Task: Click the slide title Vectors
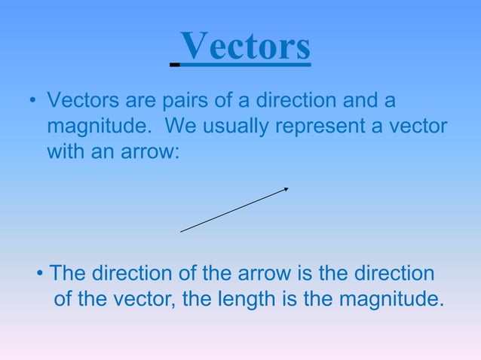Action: click(246, 47)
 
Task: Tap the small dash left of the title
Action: click(175, 66)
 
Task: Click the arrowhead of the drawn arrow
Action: click(286, 189)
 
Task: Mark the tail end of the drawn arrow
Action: click(182, 231)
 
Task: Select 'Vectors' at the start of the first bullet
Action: click(75, 101)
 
